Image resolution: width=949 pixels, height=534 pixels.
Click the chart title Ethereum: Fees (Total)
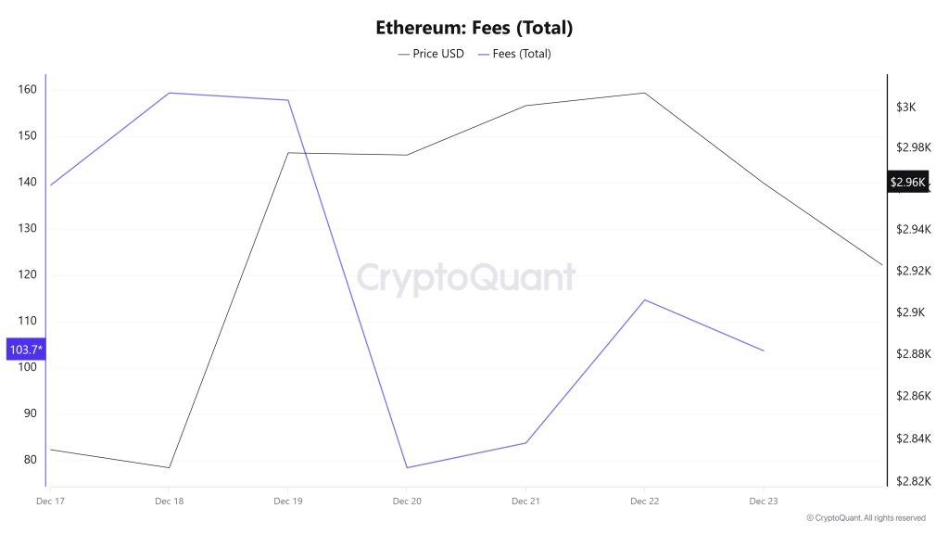[x=474, y=28]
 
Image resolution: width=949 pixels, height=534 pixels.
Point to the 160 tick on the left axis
[x=26, y=90]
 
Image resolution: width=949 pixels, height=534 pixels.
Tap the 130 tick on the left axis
[x=26, y=228]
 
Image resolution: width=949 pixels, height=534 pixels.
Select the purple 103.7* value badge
[x=25, y=350]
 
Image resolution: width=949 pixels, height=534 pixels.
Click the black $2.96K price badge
[x=907, y=183]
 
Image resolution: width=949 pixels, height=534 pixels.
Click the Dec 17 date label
[x=50, y=502]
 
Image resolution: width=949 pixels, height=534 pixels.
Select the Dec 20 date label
[x=407, y=502]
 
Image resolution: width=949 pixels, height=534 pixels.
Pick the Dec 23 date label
[x=763, y=502]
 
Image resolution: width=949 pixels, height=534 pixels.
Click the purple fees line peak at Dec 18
[x=169, y=93]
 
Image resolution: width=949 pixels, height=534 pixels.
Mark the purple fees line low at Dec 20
[x=407, y=467]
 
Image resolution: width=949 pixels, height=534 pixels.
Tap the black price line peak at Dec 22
[x=644, y=93]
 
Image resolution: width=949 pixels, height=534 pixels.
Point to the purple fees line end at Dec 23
[x=763, y=350]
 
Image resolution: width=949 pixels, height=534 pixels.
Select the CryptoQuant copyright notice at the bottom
[x=865, y=518]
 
